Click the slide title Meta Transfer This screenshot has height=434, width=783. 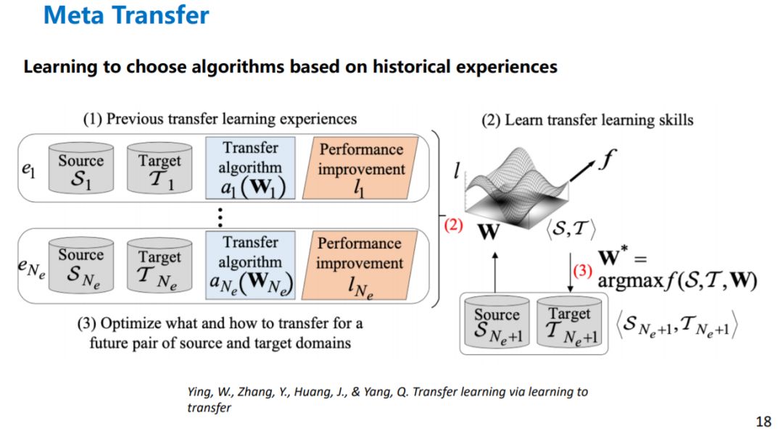pyautogui.click(x=126, y=15)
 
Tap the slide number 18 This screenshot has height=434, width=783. pyautogui.click(x=762, y=421)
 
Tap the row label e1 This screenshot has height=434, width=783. pyautogui.click(x=28, y=171)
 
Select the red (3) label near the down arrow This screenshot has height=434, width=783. pyautogui.click(x=583, y=272)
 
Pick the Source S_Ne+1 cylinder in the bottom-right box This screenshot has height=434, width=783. pyautogui.click(x=497, y=323)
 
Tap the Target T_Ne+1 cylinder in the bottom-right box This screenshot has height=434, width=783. pyautogui.click(x=569, y=323)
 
